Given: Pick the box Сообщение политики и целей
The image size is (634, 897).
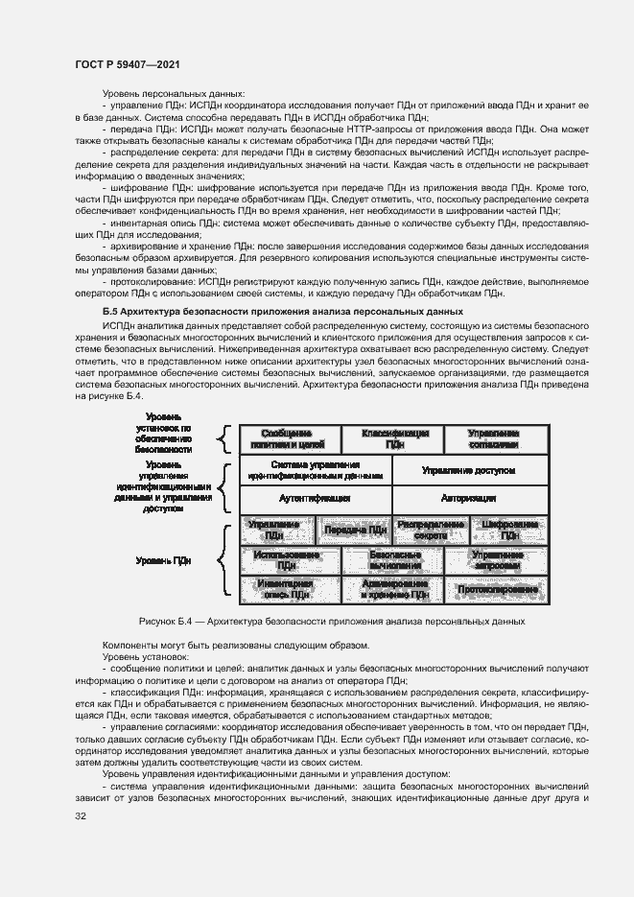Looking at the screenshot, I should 288,438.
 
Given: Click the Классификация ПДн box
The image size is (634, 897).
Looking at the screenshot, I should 395,438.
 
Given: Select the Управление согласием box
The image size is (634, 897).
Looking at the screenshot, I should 494,438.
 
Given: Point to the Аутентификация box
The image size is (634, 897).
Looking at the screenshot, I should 315,499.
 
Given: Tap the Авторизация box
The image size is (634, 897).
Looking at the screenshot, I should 469,499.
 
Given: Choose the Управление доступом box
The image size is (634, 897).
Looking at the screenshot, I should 469,470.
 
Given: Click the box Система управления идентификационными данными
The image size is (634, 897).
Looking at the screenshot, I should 315,470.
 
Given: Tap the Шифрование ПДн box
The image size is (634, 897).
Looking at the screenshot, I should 508,530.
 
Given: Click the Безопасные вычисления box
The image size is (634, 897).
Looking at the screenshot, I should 395,560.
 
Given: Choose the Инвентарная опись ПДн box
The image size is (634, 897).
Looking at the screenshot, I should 286,589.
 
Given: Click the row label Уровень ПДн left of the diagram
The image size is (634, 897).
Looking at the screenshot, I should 163,560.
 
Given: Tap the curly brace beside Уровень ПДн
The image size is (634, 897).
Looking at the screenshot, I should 223,560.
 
